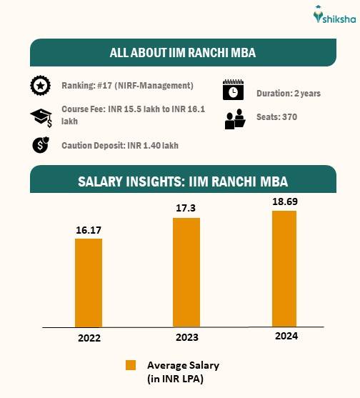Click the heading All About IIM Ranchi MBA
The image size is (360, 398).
click(182, 53)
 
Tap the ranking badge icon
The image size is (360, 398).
click(40, 86)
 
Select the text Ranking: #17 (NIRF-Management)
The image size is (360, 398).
click(127, 86)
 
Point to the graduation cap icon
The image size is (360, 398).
click(40, 116)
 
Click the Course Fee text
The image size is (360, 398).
click(126, 116)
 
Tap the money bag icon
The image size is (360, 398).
click(40, 146)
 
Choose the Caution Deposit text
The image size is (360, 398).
click(119, 146)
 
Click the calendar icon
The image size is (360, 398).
click(234, 91)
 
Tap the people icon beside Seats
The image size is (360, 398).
click(234, 119)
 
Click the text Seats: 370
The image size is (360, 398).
click(276, 117)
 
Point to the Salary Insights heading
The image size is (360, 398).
click(182, 180)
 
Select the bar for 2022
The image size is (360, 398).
click(88, 282)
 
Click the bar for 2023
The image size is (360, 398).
click(186, 272)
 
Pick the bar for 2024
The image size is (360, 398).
click(284, 269)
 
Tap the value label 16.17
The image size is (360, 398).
click(88, 230)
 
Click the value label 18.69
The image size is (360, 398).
click(284, 202)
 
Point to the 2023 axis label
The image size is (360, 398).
click(186, 337)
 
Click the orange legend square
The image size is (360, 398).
click(131, 365)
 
